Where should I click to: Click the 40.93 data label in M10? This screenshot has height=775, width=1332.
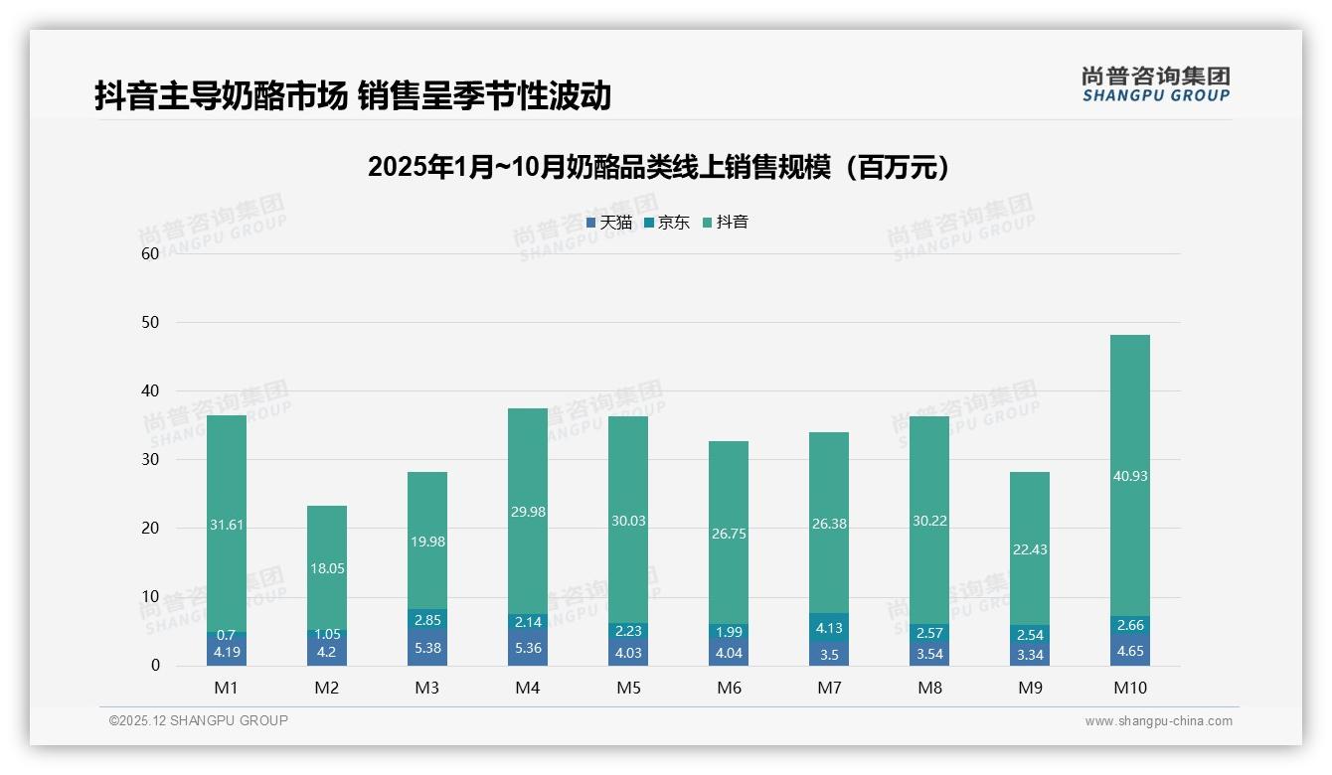point(1130,476)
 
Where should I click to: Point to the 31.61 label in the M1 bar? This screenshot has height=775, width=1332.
point(227,525)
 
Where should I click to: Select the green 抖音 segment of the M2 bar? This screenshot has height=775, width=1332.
point(327,568)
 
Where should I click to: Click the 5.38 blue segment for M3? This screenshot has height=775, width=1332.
point(427,648)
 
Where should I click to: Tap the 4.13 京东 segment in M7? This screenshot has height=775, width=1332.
point(829,628)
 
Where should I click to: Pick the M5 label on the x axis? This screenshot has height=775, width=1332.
point(628,688)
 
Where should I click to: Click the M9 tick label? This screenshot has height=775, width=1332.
point(1030,688)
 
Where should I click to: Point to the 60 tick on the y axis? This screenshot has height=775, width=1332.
point(150,253)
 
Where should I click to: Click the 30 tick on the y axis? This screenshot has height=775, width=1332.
point(150,459)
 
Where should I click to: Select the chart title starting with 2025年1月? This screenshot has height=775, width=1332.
point(658,167)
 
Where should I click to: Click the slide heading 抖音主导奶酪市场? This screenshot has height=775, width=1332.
point(352,96)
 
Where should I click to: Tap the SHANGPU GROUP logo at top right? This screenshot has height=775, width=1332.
point(1155,84)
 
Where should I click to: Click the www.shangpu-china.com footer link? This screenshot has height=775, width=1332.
point(1158,721)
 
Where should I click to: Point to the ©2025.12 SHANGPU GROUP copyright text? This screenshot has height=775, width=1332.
point(199,721)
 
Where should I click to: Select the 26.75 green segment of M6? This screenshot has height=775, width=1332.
point(729,534)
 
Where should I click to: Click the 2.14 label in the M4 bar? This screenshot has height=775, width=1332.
point(528,622)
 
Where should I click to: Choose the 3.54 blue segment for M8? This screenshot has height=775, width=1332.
point(929,654)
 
